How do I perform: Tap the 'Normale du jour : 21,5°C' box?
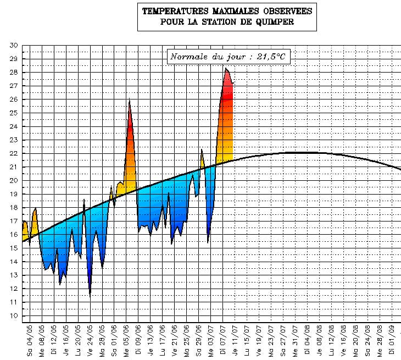[229, 57]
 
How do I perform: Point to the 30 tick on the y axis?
[14, 45]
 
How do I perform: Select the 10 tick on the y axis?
[14, 315]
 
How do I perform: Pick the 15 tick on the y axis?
[14, 248]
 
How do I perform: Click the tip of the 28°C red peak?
[225, 68]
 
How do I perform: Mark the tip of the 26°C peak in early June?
[129, 99]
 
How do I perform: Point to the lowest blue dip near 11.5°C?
[90, 296]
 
